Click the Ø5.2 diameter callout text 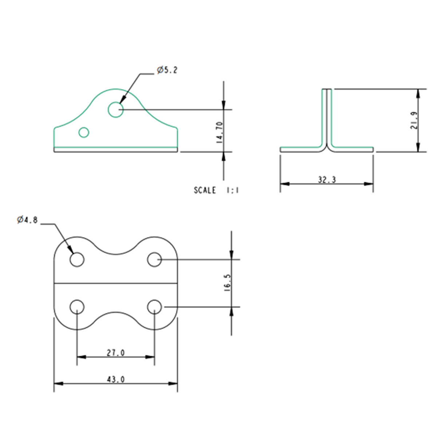tap(167, 70)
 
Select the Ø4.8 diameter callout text tap(27, 220)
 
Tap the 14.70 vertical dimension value tap(219, 132)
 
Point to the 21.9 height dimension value tap(414, 120)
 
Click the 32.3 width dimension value tap(327, 179)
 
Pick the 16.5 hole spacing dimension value tap(227, 283)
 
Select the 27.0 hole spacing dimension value tap(115, 353)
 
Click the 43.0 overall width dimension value tap(115, 379)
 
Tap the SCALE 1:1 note tap(216, 190)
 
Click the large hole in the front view tap(115, 110)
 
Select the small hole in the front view tap(84, 132)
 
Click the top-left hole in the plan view tap(77, 260)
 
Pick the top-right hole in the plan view tap(154, 260)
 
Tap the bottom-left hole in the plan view tap(77, 307)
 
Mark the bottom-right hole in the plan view tap(154, 307)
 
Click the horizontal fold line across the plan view tap(115, 283)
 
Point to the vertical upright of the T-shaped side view tap(327, 117)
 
